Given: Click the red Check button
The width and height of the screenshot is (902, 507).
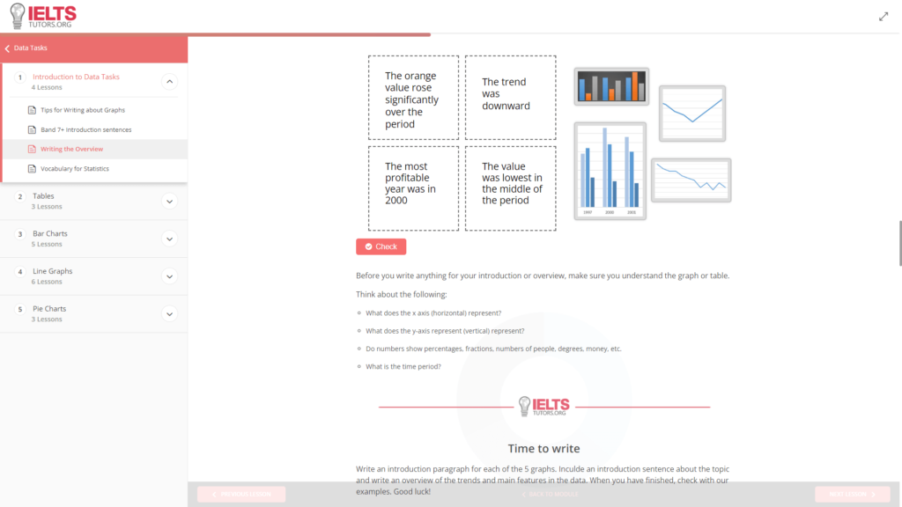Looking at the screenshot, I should pyautogui.click(x=381, y=246).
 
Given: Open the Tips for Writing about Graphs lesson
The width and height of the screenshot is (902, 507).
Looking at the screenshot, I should pyautogui.click(x=83, y=110).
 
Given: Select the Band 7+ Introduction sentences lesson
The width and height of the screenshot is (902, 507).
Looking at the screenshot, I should pyautogui.click(x=85, y=129).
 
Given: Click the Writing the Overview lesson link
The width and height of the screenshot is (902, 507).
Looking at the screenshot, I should pyautogui.click(x=71, y=149).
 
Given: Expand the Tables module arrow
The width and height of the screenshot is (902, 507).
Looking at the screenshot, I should pyautogui.click(x=170, y=201).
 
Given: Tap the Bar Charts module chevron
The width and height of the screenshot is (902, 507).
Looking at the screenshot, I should pyautogui.click(x=170, y=239).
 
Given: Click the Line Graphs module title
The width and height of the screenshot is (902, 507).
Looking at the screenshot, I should pyautogui.click(x=52, y=271).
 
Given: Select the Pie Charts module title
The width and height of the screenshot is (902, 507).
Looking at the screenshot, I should pyautogui.click(x=49, y=309).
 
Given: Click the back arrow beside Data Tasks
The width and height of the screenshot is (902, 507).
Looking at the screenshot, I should pyautogui.click(x=7, y=48).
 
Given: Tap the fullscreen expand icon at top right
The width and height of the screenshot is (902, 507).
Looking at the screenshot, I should pyautogui.click(x=884, y=16).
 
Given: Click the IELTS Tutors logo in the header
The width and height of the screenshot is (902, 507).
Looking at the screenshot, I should pyautogui.click(x=43, y=16).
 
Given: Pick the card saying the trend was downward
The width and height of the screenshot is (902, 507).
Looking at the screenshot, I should pyautogui.click(x=510, y=97).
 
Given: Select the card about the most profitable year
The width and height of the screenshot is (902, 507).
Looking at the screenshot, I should pyautogui.click(x=413, y=187).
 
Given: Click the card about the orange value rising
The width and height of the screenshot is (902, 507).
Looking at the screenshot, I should pyautogui.click(x=413, y=97).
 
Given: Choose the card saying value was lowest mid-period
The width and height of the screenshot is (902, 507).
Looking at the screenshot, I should pyautogui.click(x=510, y=187).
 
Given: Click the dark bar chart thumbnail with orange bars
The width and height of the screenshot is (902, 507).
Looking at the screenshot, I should pyautogui.click(x=611, y=86).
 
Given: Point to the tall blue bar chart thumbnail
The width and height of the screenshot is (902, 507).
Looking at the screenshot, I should pyautogui.click(x=610, y=171).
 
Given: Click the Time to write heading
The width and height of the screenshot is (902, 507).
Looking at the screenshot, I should pyautogui.click(x=543, y=449).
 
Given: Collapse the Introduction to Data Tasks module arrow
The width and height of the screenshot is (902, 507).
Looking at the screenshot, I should pyautogui.click(x=170, y=82).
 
